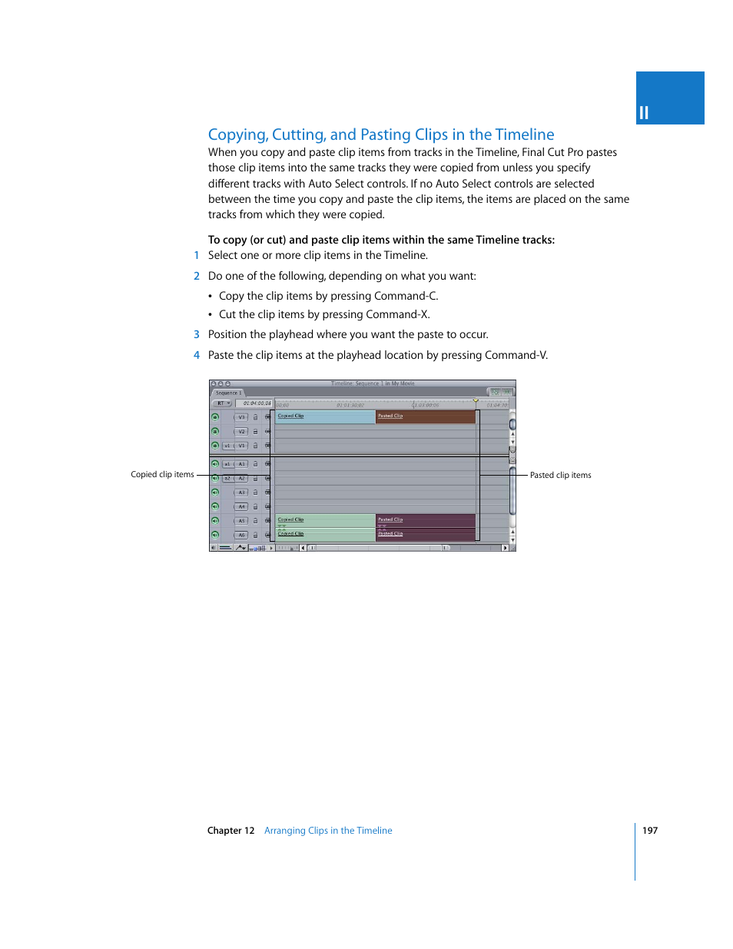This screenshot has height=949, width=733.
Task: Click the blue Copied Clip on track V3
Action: point(325,416)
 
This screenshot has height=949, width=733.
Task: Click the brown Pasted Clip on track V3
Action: point(426,416)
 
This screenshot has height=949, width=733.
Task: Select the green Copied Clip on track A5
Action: point(325,520)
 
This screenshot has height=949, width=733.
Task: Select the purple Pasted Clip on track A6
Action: point(426,535)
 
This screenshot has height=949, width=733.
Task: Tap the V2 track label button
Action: point(241,432)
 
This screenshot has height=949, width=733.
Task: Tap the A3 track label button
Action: point(241,493)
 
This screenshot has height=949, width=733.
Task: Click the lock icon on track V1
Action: point(256,446)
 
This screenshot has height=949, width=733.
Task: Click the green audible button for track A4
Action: point(215,506)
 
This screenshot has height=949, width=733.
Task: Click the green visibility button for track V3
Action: point(215,417)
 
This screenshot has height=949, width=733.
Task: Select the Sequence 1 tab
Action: point(228,393)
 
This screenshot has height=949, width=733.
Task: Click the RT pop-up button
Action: point(223,403)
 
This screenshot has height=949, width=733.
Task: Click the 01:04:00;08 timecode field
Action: point(257,403)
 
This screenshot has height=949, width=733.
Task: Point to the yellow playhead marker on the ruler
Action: point(476,400)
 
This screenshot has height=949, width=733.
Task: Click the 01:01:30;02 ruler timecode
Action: point(350,405)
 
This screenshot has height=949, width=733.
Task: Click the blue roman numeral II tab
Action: point(670,98)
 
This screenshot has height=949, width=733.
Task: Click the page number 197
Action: point(650,831)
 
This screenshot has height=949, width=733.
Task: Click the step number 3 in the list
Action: point(197,335)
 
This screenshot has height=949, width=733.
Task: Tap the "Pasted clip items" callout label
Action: point(561,476)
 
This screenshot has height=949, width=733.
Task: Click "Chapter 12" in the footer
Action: point(231,831)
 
